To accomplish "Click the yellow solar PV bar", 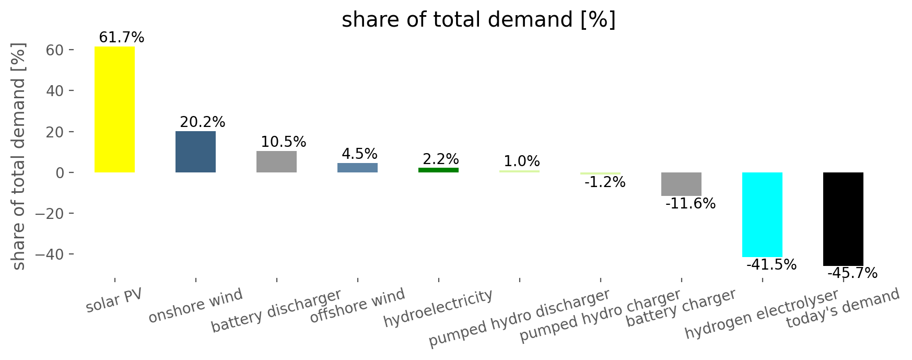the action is [114, 109].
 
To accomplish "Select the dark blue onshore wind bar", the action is [195, 152].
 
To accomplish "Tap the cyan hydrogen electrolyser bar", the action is [762, 215].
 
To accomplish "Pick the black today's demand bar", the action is [843, 219].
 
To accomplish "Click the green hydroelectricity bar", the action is [438, 170].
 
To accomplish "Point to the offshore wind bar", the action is [357, 168].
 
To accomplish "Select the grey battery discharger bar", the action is [276, 161].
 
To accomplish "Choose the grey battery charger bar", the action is [681, 184].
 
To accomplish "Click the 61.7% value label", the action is [121, 38].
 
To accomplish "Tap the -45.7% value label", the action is [852, 273].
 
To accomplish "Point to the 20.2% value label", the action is [203, 122].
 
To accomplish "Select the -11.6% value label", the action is [691, 204].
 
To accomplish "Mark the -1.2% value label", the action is [605, 182].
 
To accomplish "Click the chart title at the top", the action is [479, 20].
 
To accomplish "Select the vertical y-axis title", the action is [18, 157].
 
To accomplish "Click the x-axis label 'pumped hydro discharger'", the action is [519, 318].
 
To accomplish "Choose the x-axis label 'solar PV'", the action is [114, 301].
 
